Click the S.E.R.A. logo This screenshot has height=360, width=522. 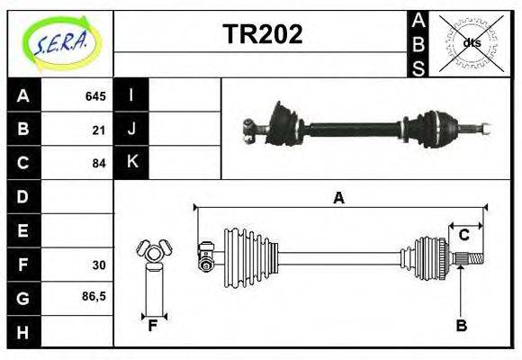[60, 43]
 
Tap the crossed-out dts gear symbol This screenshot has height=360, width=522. [471, 42]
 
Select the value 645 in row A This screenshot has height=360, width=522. [95, 96]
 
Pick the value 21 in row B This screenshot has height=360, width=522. [99, 130]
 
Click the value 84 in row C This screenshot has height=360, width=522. [99, 164]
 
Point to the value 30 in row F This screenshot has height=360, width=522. [99, 265]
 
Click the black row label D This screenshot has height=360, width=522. [22, 197]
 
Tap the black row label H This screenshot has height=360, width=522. [22, 331]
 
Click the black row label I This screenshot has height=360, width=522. [131, 95]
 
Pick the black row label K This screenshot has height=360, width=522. [131, 163]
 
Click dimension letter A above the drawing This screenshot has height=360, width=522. [338, 198]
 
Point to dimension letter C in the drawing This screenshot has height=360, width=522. [463, 235]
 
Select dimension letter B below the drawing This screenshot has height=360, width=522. [461, 326]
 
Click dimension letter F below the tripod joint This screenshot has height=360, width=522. [153, 326]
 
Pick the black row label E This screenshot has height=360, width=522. [22, 230]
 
